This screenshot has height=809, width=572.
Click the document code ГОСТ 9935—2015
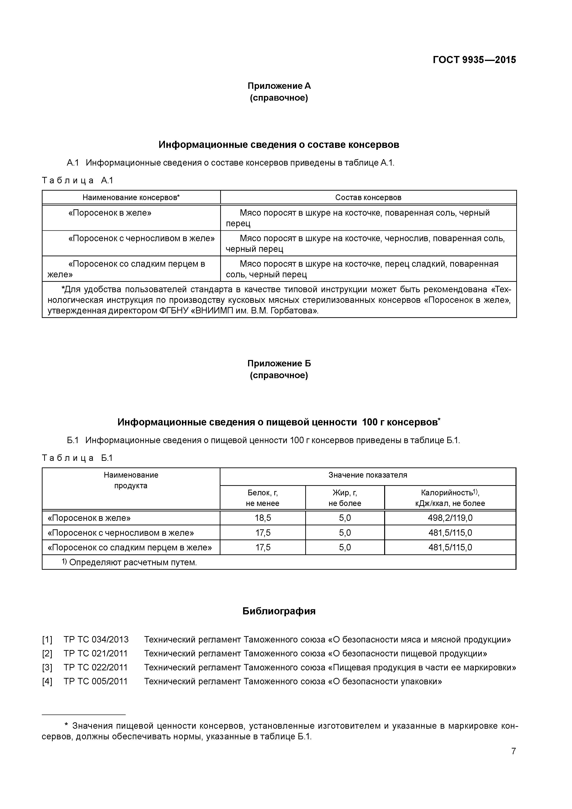click(x=474, y=60)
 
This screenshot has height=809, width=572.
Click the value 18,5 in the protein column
click(x=263, y=518)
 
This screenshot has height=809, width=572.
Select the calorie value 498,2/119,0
click(x=450, y=518)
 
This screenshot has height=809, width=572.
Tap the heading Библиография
click(x=279, y=611)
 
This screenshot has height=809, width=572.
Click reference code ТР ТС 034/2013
click(x=96, y=639)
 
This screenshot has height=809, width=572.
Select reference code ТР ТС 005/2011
click(x=95, y=681)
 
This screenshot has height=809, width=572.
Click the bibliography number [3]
click(x=47, y=667)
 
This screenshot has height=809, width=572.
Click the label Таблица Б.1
click(x=77, y=458)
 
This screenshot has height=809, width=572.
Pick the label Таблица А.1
click(x=77, y=181)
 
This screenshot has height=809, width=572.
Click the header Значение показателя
click(x=368, y=475)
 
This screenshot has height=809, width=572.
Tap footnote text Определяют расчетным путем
click(x=133, y=563)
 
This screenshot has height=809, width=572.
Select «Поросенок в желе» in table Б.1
click(x=89, y=518)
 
